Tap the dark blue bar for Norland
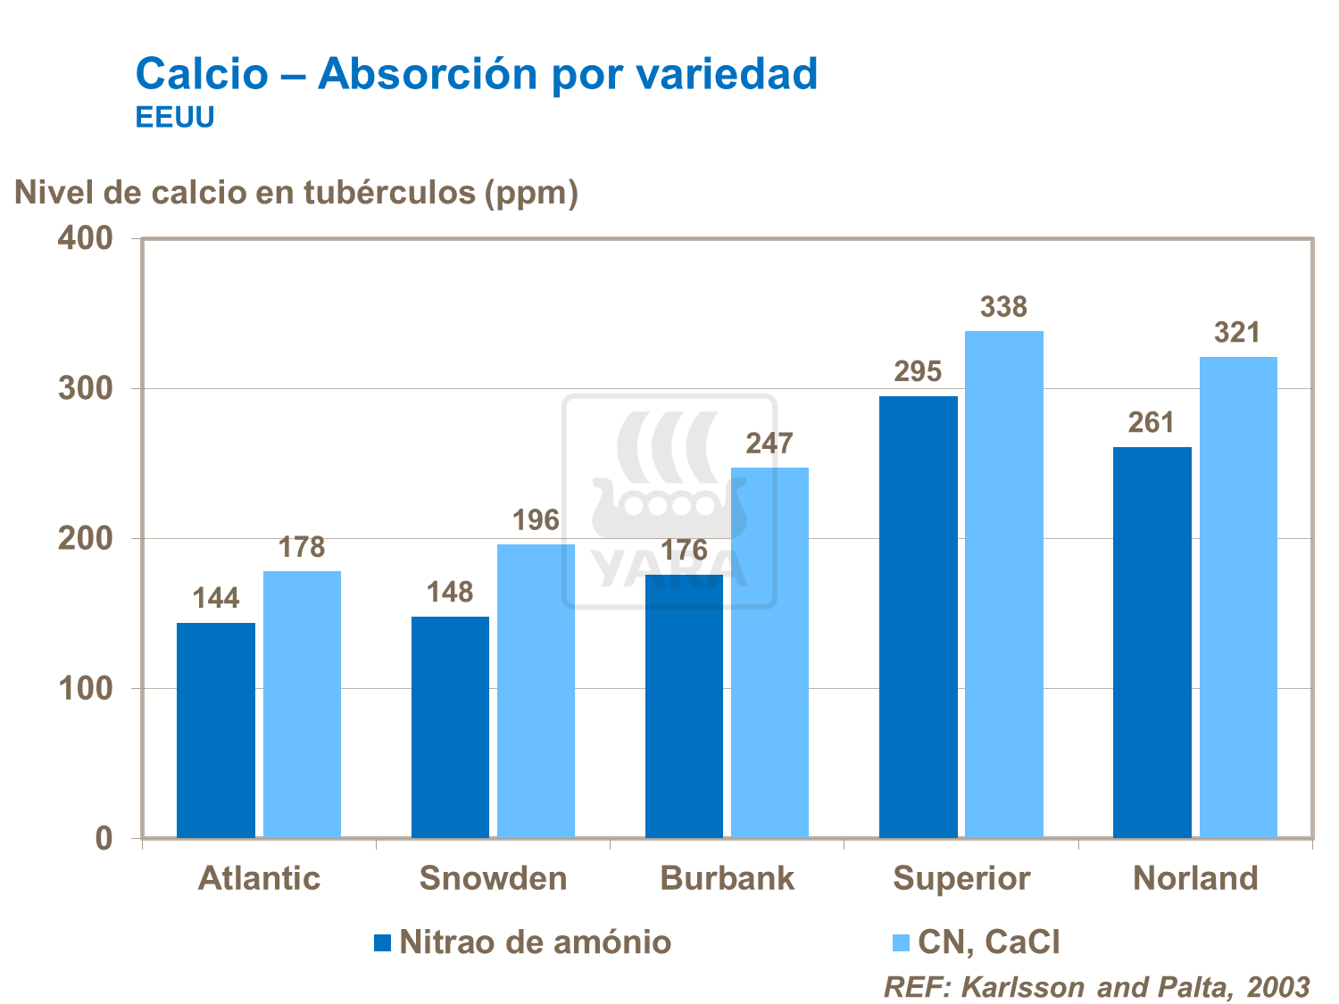[1152, 643]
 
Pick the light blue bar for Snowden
[536, 692]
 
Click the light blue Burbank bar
[769, 652]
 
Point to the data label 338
[1003, 307]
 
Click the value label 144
[216, 598]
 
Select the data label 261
[1151, 422]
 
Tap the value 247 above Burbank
[769, 444]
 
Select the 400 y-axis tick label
[86, 238]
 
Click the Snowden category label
[493, 878]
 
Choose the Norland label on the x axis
[1195, 878]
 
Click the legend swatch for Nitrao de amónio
[383, 942]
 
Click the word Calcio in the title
[202, 73]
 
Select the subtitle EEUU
[175, 118]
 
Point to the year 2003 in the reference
[1278, 987]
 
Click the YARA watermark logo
[669, 502]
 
